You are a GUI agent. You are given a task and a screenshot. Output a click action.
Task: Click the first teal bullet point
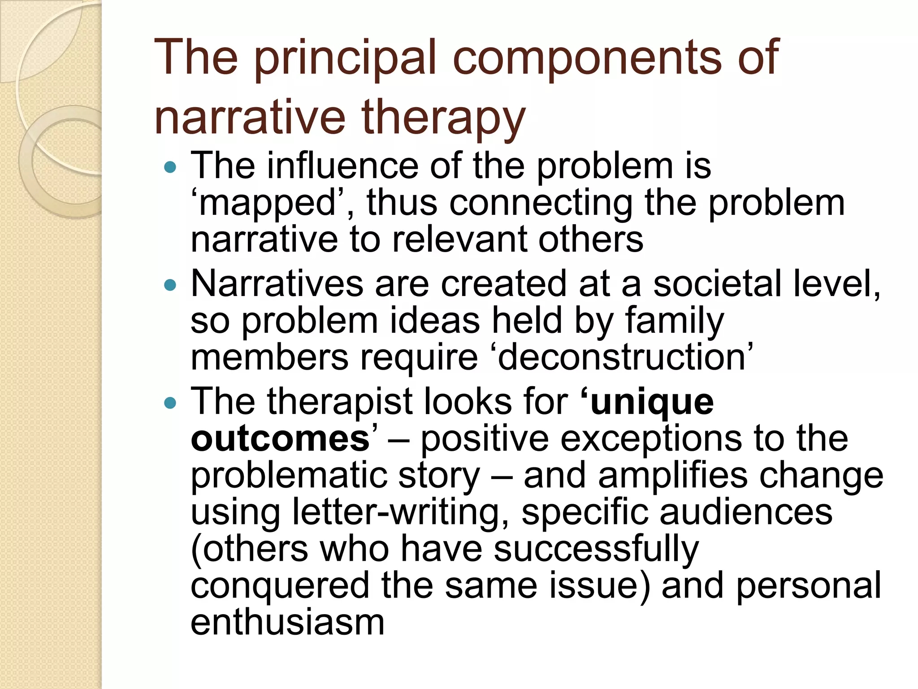pyautogui.click(x=170, y=168)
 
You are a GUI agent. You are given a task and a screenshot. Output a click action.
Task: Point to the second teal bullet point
pyautogui.click(x=170, y=285)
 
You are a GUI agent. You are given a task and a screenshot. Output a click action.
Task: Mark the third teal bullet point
pyautogui.click(x=170, y=403)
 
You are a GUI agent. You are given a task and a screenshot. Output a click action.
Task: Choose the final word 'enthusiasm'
pyautogui.click(x=287, y=623)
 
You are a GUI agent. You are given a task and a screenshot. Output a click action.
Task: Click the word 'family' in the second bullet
pyautogui.click(x=674, y=321)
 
